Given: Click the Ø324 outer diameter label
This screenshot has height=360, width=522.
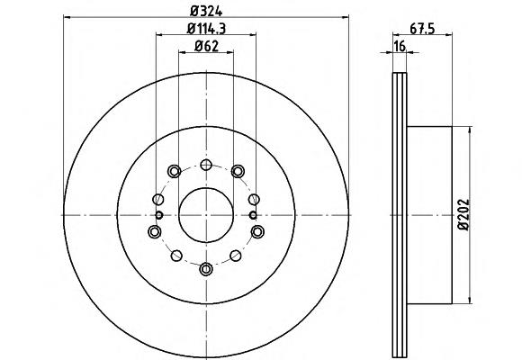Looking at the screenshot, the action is tap(206, 12).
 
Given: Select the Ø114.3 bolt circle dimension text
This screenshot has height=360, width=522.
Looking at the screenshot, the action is tap(206, 29).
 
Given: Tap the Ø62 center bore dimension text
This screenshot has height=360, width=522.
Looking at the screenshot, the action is tap(206, 46).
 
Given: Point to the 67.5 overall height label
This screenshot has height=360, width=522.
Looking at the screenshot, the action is tap(422, 29).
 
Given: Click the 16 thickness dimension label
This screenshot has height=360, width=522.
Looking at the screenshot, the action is tap(400, 46).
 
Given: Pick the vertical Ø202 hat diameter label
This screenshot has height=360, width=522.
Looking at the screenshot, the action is tap(463, 214).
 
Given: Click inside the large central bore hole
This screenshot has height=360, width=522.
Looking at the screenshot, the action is tap(206, 215).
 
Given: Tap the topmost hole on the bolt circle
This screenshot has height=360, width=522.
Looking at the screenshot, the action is tap(206, 165).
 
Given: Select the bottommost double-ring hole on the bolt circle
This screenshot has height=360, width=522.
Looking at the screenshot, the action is tap(206, 269).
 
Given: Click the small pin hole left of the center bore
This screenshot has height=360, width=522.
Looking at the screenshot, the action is tap(159, 215).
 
